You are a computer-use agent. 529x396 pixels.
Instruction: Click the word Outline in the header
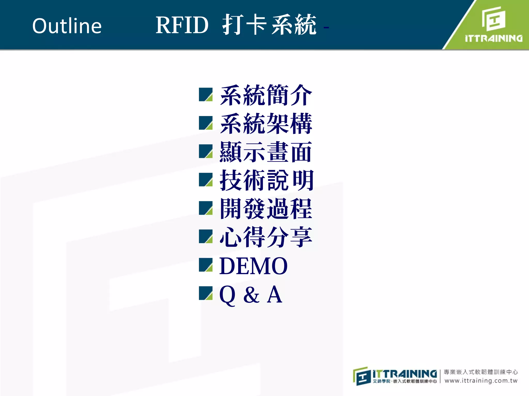(x=67, y=26)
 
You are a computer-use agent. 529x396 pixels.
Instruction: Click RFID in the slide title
(x=182, y=25)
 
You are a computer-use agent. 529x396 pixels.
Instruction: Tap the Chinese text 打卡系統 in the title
(x=269, y=25)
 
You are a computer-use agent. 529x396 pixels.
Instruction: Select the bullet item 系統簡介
(x=266, y=95)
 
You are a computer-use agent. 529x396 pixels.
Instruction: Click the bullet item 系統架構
(x=266, y=124)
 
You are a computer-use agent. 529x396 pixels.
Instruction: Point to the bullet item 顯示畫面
(x=266, y=152)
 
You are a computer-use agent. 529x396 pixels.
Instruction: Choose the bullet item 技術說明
(x=267, y=180)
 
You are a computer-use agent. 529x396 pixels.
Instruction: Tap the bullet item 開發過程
(x=266, y=209)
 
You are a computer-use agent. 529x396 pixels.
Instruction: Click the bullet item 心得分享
(x=266, y=237)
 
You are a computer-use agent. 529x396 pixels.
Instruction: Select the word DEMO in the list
(x=253, y=266)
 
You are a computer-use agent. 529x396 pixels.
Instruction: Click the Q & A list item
(x=251, y=294)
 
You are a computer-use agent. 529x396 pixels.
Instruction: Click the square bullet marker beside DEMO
(x=206, y=265)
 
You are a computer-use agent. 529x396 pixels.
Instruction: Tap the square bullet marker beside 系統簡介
(x=206, y=94)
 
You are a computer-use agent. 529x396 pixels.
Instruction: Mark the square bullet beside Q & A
(x=206, y=293)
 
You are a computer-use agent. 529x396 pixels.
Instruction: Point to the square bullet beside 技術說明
(x=206, y=180)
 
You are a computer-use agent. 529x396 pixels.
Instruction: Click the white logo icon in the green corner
(x=494, y=19)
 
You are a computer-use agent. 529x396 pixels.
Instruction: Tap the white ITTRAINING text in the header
(x=494, y=39)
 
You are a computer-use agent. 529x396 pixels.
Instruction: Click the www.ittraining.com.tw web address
(x=481, y=381)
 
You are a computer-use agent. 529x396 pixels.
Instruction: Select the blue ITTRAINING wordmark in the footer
(x=405, y=374)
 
